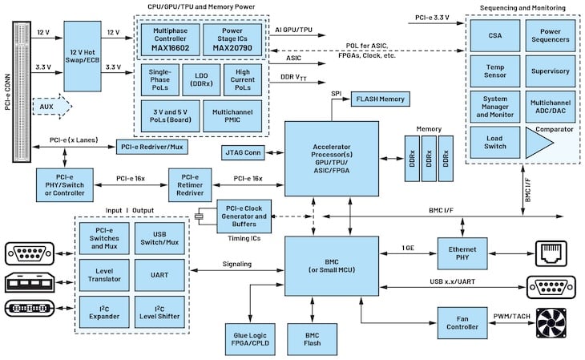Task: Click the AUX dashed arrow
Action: click(x=50, y=106)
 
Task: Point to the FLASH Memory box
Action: click(x=380, y=99)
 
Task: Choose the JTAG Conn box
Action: click(x=244, y=151)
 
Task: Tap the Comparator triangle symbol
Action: click(x=539, y=145)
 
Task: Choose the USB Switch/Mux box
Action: click(x=159, y=238)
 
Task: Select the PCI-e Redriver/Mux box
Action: click(x=152, y=147)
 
